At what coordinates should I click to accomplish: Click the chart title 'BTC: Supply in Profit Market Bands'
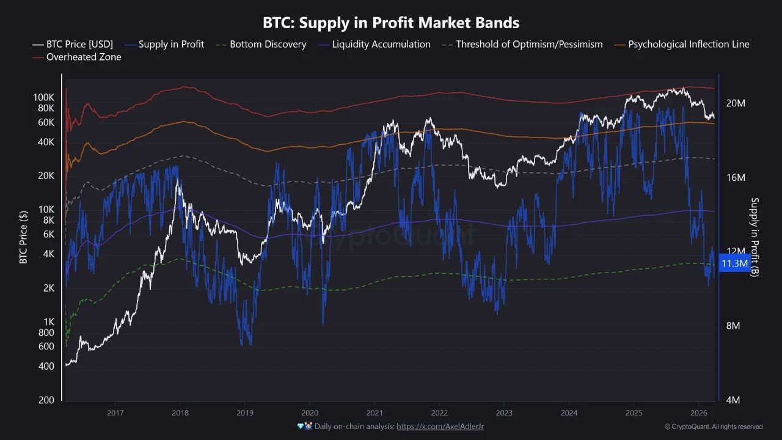point(391,23)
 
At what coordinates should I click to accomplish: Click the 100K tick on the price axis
point(44,98)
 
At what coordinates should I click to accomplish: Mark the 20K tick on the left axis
point(46,176)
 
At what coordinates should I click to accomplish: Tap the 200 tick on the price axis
point(47,400)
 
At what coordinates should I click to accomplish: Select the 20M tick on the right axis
point(736,103)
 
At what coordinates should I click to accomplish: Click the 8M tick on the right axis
point(733,326)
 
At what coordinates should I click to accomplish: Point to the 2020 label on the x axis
point(310,413)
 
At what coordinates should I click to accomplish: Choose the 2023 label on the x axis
point(504,413)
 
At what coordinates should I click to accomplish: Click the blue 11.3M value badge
point(734,263)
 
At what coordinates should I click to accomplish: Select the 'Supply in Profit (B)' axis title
point(755,237)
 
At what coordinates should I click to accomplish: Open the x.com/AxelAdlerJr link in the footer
point(440,426)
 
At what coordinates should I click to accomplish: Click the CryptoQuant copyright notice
point(714,427)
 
